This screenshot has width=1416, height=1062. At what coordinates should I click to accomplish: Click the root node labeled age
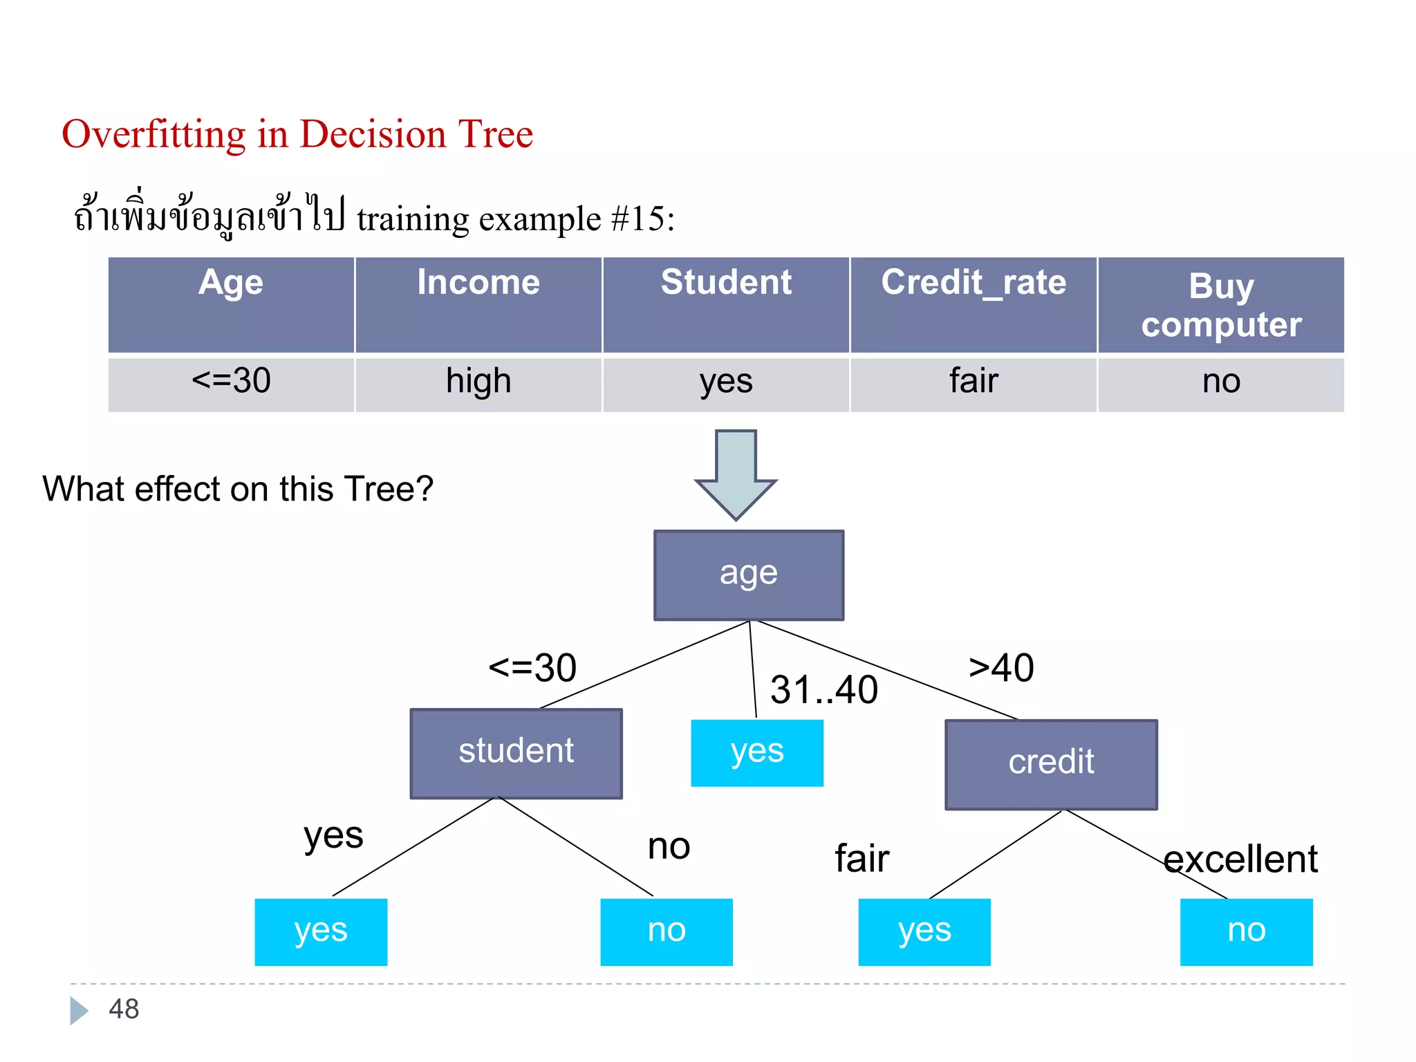pyautogui.click(x=749, y=575)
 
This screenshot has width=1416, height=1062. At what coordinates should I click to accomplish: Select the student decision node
pyautogui.click(x=516, y=753)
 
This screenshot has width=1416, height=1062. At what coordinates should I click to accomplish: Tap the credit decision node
pyautogui.click(x=1051, y=764)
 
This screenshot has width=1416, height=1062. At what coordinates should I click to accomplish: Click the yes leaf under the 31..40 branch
pyautogui.click(x=757, y=752)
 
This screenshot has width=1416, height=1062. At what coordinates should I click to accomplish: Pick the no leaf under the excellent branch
pyautogui.click(x=1246, y=931)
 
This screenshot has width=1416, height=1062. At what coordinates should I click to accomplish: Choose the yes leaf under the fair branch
pyautogui.click(x=924, y=931)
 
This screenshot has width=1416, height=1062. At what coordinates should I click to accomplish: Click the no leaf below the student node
pyautogui.click(x=667, y=931)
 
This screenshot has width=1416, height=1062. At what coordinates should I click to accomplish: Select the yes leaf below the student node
pyautogui.click(x=321, y=931)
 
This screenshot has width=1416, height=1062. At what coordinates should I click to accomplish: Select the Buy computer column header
pyautogui.click(x=1221, y=304)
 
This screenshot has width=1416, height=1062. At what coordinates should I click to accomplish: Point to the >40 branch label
pyautogui.click(x=1001, y=668)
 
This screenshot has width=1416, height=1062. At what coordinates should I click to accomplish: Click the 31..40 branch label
pyautogui.click(x=824, y=690)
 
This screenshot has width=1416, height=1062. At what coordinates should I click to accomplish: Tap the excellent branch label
pyautogui.click(x=1240, y=859)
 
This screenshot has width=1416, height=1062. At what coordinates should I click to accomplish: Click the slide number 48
pyautogui.click(x=124, y=1009)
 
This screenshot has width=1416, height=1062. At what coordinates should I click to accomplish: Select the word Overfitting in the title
pyautogui.click(x=153, y=134)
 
